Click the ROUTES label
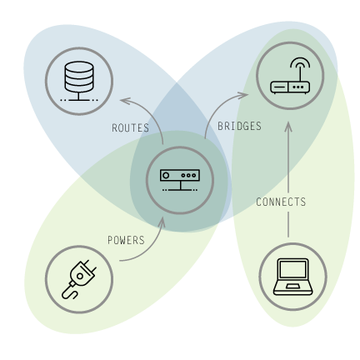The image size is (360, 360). (130, 127)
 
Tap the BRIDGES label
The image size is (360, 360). (239, 126)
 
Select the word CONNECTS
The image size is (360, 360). (281, 202)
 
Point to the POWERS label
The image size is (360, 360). (126, 240)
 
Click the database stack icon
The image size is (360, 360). (79, 81)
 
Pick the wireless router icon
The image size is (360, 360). (290, 76)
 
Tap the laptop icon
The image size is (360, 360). (293, 277)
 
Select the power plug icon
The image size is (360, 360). (79, 279)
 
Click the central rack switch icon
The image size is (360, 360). (180, 180)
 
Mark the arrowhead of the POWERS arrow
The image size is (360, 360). (162, 221)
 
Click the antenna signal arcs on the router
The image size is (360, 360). (300, 62)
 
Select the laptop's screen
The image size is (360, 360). (293, 269)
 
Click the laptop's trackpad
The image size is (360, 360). (293, 287)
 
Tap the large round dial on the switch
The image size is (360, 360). (166, 176)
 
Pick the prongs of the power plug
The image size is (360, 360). (89, 266)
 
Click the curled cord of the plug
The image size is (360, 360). (69, 292)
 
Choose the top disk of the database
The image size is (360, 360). (79, 67)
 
